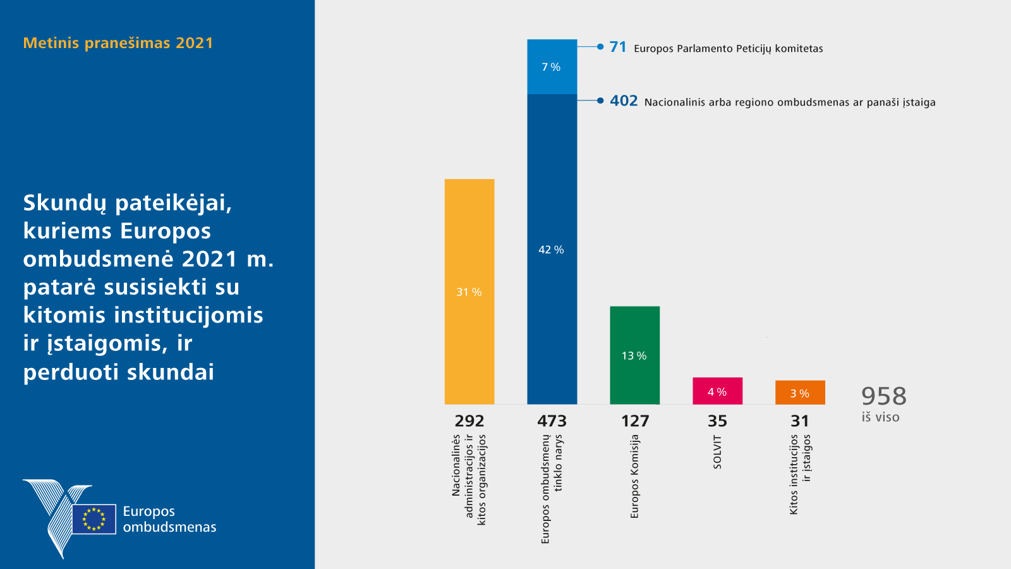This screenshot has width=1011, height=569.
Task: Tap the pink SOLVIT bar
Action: click(x=717, y=391)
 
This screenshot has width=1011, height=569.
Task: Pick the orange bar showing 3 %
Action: click(x=800, y=393)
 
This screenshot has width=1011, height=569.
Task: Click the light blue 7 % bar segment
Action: click(x=552, y=67)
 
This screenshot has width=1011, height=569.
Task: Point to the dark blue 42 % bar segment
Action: click(x=552, y=249)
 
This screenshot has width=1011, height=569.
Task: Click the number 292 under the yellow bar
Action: click(x=469, y=421)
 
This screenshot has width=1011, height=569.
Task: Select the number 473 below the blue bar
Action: click(x=552, y=421)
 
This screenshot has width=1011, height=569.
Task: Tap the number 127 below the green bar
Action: click(x=635, y=421)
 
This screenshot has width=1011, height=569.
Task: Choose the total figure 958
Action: click(x=883, y=396)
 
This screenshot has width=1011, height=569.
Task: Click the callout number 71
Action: click(x=618, y=47)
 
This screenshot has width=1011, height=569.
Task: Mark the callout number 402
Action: click(x=624, y=101)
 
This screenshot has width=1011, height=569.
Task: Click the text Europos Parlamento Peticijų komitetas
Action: click(x=728, y=49)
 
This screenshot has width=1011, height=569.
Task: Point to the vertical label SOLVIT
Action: click(x=717, y=452)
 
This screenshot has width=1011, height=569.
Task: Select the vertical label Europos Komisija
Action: click(x=635, y=476)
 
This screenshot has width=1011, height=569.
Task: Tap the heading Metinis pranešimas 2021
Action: click(x=118, y=43)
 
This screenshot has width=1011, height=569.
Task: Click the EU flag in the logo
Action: click(x=94, y=519)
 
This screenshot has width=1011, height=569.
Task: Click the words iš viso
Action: click(x=880, y=417)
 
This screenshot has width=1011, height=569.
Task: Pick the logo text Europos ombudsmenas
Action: click(x=169, y=519)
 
